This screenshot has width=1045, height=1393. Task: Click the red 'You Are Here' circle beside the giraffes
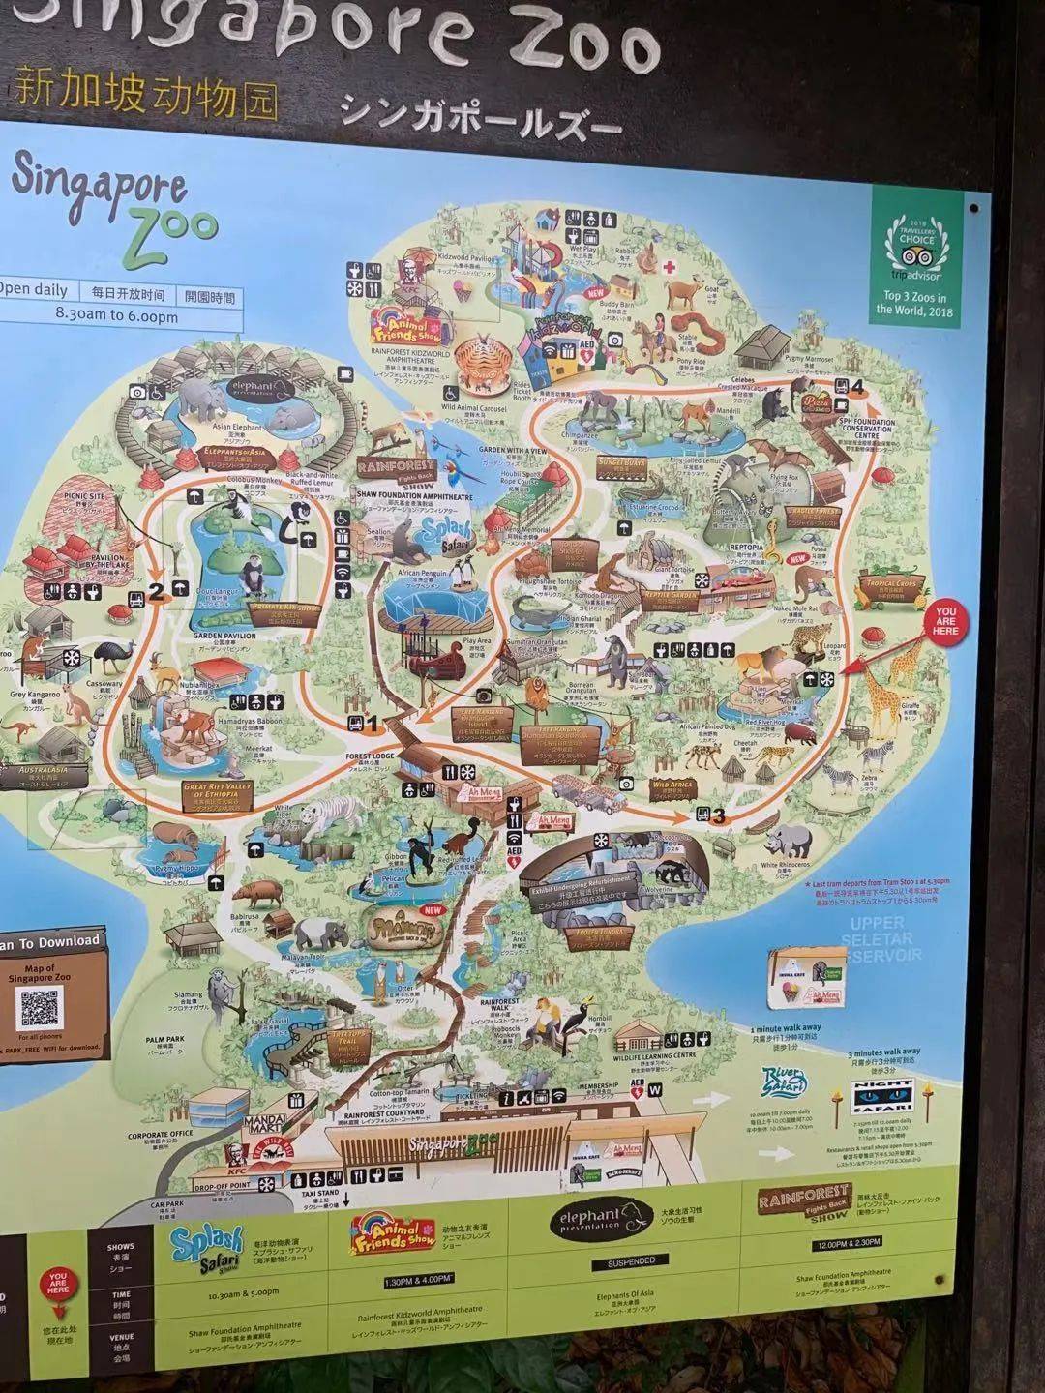coord(944,622)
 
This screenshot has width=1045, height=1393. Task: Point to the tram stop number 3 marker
coord(708,815)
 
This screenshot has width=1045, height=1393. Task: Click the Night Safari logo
coord(881,1094)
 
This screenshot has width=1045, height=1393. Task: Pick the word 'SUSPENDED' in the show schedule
coord(632,1261)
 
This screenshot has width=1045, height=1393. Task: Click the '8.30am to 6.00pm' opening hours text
coord(117,315)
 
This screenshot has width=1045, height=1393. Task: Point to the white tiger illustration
coord(308,823)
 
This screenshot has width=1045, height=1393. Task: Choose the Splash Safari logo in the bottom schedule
coord(207,1247)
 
